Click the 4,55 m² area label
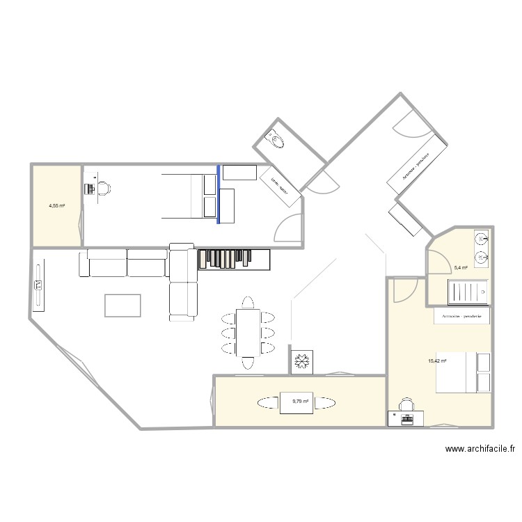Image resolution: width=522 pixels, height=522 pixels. click(56, 206)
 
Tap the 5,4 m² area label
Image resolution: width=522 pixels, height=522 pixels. click(461, 267)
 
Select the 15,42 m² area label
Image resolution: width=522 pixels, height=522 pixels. click(437, 361)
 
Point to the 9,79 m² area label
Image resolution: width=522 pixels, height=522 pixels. click(301, 401)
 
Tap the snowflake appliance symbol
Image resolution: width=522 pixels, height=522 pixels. click(303, 362)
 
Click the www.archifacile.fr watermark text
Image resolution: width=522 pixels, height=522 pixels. click(480, 450)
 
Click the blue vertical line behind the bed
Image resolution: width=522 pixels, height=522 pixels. click(219, 194)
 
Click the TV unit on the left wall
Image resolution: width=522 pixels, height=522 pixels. click(38, 285)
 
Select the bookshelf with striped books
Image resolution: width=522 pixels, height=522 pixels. click(234, 259)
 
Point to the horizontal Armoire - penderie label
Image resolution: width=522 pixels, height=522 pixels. click(461, 317)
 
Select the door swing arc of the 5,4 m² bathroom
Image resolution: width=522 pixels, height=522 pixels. click(436, 262)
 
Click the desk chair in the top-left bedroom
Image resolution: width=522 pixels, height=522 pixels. click(102, 188)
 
